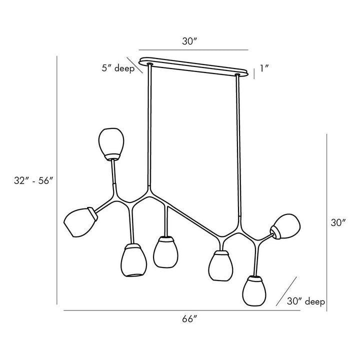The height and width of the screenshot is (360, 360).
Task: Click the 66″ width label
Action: [x=189, y=319]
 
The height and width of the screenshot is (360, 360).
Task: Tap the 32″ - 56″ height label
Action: [x=34, y=180]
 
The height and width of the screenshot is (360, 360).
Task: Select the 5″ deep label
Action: [x=118, y=68]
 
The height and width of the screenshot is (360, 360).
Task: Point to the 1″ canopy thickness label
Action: [x=264, y=68]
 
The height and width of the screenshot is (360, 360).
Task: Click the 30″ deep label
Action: [x=306, y=301]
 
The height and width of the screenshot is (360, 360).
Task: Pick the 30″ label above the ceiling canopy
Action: [x=190, y=41]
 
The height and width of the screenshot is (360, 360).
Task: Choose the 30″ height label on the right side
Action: [x=338, y=222]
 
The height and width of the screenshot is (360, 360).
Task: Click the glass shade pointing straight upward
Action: [x=111, y=144]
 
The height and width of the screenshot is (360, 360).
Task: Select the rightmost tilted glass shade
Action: [x=285, y=226]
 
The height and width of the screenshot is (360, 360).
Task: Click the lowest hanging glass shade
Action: [x=254, y=290]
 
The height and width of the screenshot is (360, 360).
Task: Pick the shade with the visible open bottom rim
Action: [x=133, y=260]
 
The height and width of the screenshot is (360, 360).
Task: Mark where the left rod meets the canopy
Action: [x=150, y=64]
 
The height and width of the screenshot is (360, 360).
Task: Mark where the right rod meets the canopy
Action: [x=237, y=75]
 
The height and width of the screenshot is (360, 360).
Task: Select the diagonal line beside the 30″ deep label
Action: [x=286, y=291]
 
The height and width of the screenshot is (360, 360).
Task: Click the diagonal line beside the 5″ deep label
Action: [x=135, y=65]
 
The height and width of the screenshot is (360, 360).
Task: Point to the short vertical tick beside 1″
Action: [x=254, y=73]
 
